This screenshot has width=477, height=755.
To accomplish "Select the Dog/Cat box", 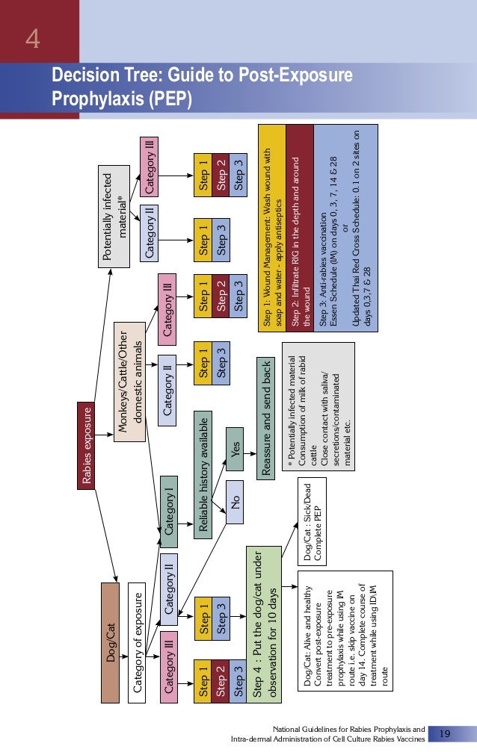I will click(111, 642).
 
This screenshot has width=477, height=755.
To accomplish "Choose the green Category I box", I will click(169, 512).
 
